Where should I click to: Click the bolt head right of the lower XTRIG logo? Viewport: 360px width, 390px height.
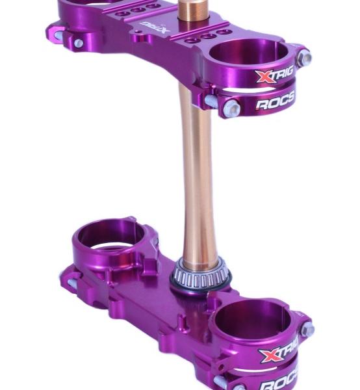(307, 330)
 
